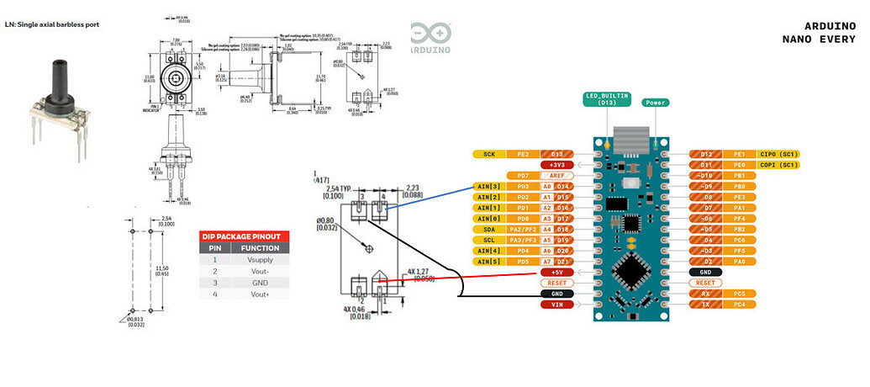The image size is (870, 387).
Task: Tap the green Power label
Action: [x=656, y=103]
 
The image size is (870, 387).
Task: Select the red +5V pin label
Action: [x=556, y=273]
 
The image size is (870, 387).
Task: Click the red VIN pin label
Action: [x=556, y=304]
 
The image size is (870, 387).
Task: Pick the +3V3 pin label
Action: [x=556, y=165]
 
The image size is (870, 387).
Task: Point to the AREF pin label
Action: [x=556, y=175]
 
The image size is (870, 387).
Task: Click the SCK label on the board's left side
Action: [x=488, y=155]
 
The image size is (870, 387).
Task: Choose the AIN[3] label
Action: [x=488, y=186]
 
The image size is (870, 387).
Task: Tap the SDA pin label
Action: [x=488, y=229]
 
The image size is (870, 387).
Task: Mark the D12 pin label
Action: [x=705, y=155]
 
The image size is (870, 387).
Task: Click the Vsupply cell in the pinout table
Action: [x=260, y=260]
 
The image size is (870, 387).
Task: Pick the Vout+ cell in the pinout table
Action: [x=260, y=294]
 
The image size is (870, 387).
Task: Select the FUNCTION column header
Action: [x=260, y=248]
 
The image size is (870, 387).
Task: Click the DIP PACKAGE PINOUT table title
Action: [x=243, y=236]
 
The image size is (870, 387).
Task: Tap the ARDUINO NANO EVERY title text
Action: [x=818, y=33]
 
